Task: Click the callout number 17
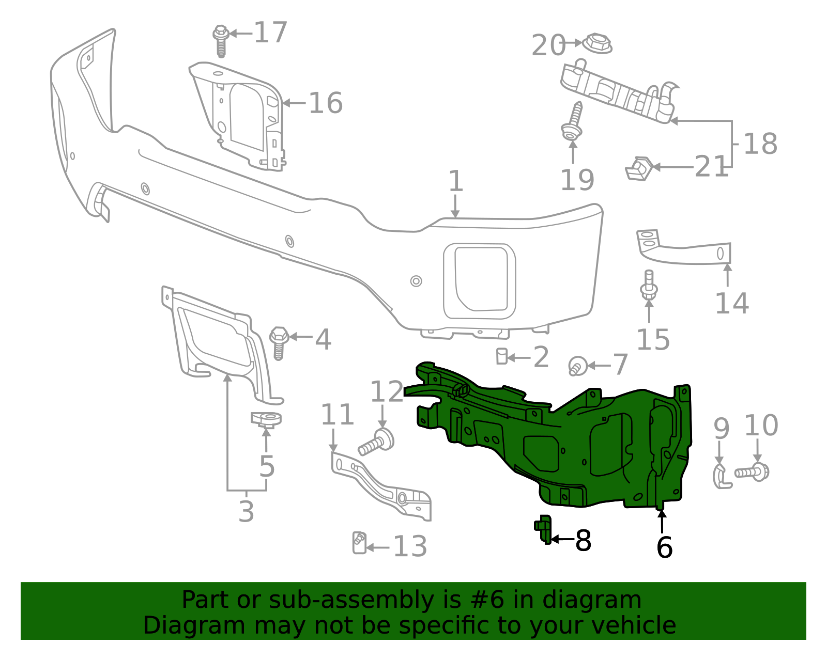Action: (x=271, y=33)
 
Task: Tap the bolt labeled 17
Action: (x=221, y=41)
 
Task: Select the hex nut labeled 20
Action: (x=597, y=43)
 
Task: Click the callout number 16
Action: (x=326, y=103)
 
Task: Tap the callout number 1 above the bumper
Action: (x=455, y=181)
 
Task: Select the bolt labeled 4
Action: (x=279, y=343)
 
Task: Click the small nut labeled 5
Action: (x=266, y=420)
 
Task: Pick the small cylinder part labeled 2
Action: (x=501, y=356)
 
